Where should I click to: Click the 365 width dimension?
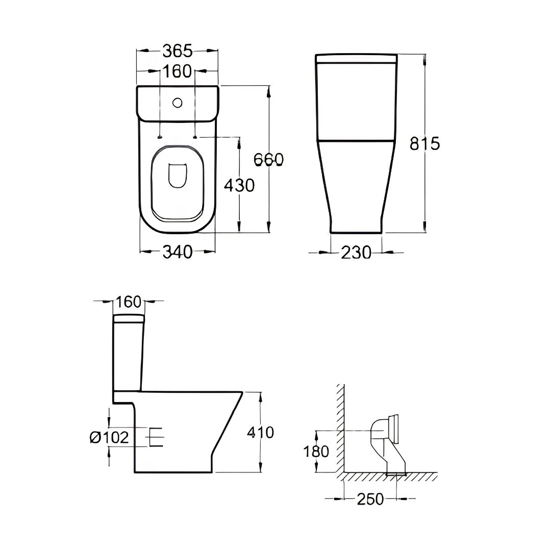178,52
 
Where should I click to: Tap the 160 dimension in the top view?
178,71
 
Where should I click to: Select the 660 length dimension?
268,160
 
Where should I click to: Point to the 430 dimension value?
239,185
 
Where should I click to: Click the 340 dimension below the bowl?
178,252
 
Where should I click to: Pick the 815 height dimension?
425,143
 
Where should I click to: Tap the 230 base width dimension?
356,253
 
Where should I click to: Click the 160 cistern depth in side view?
128,302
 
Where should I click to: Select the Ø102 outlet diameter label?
110,438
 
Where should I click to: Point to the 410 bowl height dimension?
260,432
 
